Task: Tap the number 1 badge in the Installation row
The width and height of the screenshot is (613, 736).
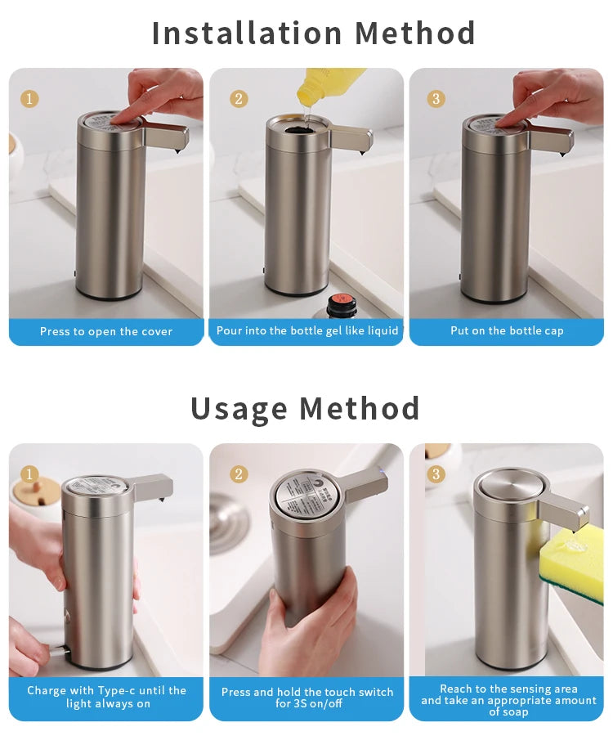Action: pos(29,99)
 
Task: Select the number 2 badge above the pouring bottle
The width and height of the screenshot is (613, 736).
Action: pos(239,99)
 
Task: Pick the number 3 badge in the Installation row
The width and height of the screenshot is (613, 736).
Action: pos(436,99)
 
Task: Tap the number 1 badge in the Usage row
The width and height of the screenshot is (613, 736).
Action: pos(29,474)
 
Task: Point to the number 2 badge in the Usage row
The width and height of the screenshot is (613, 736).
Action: pos(239,474)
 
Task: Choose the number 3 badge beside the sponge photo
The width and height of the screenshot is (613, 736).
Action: pos(436,474)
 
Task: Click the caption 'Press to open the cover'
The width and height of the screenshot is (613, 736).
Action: pos(106,331)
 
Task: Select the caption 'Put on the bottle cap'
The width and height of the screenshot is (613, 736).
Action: pos(507,331)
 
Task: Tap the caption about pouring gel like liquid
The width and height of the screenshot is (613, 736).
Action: pos(307,331)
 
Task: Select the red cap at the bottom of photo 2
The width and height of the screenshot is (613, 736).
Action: pos(338,304)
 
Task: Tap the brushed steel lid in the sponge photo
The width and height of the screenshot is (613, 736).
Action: pos(507,484)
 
